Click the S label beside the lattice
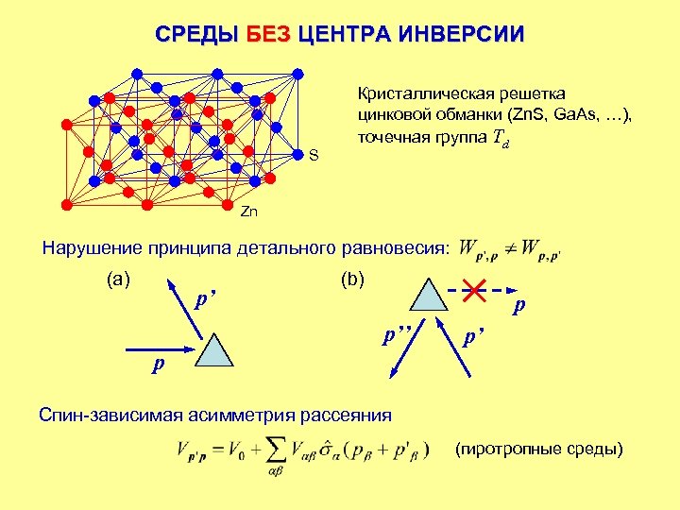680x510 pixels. pyautogui.click(x=314, y=155)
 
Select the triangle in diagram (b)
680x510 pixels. pyautogui.click(x=429, y=295)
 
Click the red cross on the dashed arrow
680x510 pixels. pyautogui.click(x=475, y=290)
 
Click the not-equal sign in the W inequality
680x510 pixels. pyautogui.click(x=509, y=249)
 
